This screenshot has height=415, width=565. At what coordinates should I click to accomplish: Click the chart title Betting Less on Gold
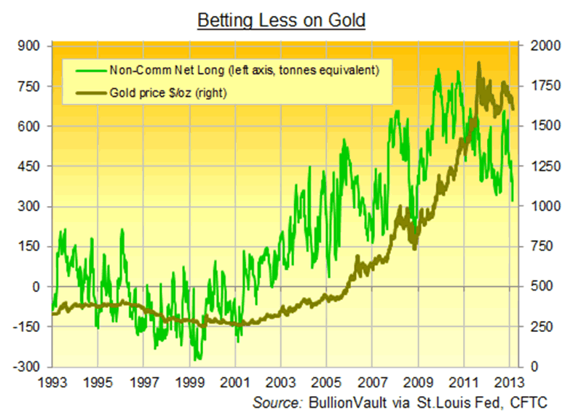click(282, 20)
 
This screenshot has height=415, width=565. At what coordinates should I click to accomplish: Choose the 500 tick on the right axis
click(534, 287)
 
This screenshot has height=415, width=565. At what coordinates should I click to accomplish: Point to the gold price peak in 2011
click(478, 63)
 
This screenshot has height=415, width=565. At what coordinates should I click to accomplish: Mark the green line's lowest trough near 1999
click(197, 359)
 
